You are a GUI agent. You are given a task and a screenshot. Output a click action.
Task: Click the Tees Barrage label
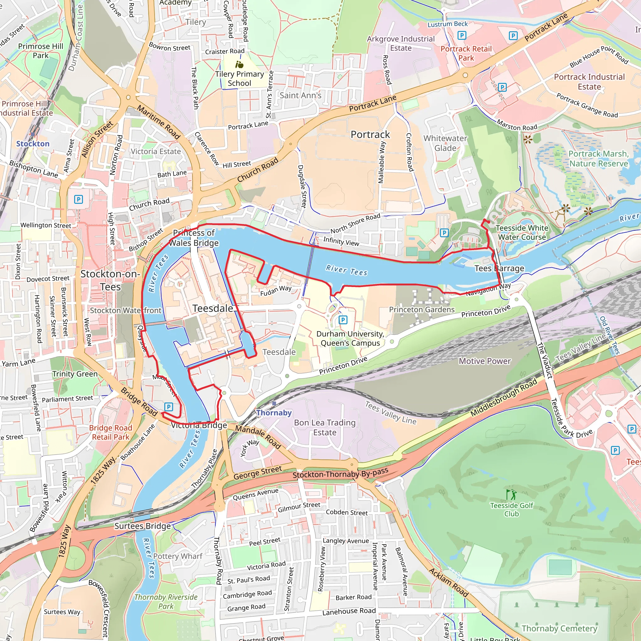(x=499, y=269)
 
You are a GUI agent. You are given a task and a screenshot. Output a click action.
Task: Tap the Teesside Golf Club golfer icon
(x=511, y=495)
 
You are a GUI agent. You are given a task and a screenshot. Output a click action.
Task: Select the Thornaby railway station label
(x=274, y=413)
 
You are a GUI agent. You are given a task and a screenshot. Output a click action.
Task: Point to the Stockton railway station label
(x=33, y=144)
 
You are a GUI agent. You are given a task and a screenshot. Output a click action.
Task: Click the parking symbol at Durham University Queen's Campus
(x=343, y=320)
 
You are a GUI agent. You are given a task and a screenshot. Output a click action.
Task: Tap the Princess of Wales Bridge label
(x=194, y=238)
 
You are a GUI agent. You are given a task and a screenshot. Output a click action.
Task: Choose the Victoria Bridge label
(x=199, y=425)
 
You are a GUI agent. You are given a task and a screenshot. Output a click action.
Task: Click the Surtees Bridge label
(x=142, y=526)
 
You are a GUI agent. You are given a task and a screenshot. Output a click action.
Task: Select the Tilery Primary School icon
(x=239, y=64)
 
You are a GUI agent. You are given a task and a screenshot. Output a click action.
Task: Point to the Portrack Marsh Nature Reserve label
(x=598, y=159)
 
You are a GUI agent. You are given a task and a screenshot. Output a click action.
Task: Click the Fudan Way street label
(x=276, y=291)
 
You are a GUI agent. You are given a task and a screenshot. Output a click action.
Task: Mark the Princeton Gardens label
(x=422, y=310)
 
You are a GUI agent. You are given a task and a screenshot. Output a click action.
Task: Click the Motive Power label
(x=485, y=361)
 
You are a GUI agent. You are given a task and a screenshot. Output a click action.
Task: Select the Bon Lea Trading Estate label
(x=325, y=427)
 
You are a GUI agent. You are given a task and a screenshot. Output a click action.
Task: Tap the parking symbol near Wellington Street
(x=78, y=199)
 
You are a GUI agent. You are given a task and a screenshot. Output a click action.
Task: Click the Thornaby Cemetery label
(x=559, y=628)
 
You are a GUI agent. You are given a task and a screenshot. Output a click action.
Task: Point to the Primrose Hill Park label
(x=40, y=51)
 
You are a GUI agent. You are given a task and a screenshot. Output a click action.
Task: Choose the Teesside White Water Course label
(x=522, y=233)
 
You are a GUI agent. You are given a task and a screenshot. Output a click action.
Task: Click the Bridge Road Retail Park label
(x=110, y=432)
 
